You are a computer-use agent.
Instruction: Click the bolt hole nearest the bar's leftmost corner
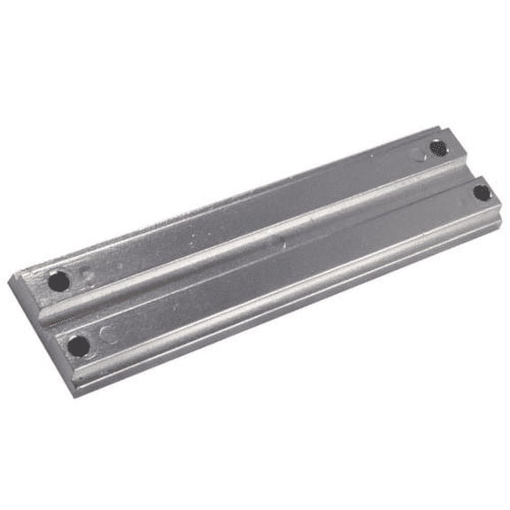58,282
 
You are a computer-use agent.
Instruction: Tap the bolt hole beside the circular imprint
79,345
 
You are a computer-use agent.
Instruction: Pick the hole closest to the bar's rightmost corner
481,191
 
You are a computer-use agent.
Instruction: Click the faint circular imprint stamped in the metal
107,335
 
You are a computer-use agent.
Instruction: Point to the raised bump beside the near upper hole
87,274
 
